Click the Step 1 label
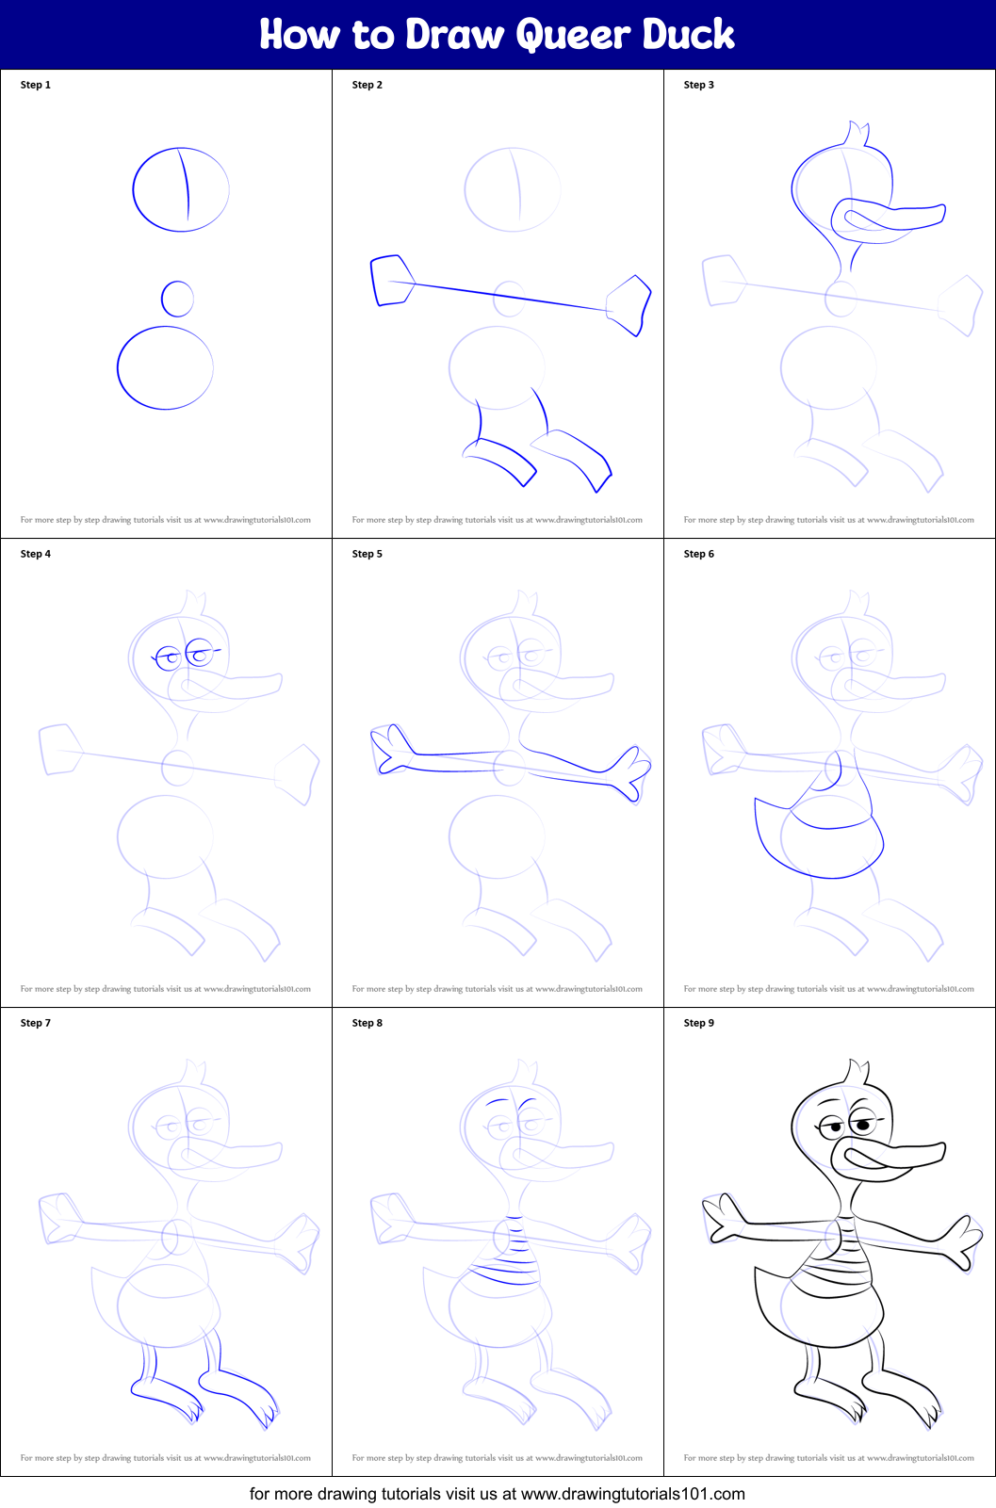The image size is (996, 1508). click(x=36, y=85)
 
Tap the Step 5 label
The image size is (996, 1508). click(x=367, y=554)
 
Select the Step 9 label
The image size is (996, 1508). click(x=699, y=1023)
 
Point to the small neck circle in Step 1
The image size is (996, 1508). click(x=177, y=299)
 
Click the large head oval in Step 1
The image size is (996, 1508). click(x=181, y=189)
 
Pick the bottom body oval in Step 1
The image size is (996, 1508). click(x=165, y=367)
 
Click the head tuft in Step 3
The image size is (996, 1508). click(x=857, y=134)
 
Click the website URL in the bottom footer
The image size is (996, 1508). click(x=632, y=1494)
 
